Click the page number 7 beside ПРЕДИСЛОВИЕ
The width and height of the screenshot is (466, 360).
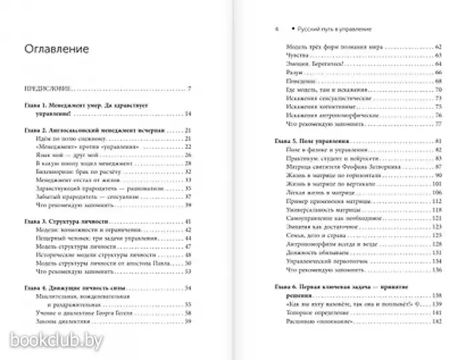point(189,89)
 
